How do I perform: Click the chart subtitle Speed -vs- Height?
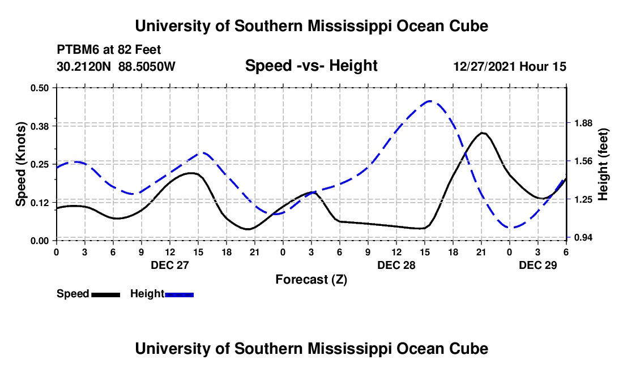click(x=311, y=66)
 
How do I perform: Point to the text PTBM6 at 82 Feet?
click(x=109, y=50)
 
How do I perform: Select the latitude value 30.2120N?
click(x=84, y=66)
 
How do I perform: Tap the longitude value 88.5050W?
click(x=147, y=66)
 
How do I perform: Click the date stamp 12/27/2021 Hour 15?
click(x=510, y=66)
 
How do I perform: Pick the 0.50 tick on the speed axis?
click(x=39, y=88)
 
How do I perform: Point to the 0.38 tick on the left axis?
click(x=39, y=126)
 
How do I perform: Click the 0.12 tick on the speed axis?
click(x=39, y=203)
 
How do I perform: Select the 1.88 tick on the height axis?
click(x=583, y=123)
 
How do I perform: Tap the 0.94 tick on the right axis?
click(x=583, y=237)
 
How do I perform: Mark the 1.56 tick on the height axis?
click(x=583, y=161)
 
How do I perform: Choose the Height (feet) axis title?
click(x=603, y=164)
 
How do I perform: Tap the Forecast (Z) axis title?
click(x=311, y=280)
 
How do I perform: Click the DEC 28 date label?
click(x=396, y=265)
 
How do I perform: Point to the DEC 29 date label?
click(x=538, y=265)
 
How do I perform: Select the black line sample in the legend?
click(x=106, y=294)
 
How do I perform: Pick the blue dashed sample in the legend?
click(x=179, y=294)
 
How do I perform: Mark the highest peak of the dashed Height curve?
click(x=429, y=101)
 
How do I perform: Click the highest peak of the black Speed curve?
click(x=483, y=133)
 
